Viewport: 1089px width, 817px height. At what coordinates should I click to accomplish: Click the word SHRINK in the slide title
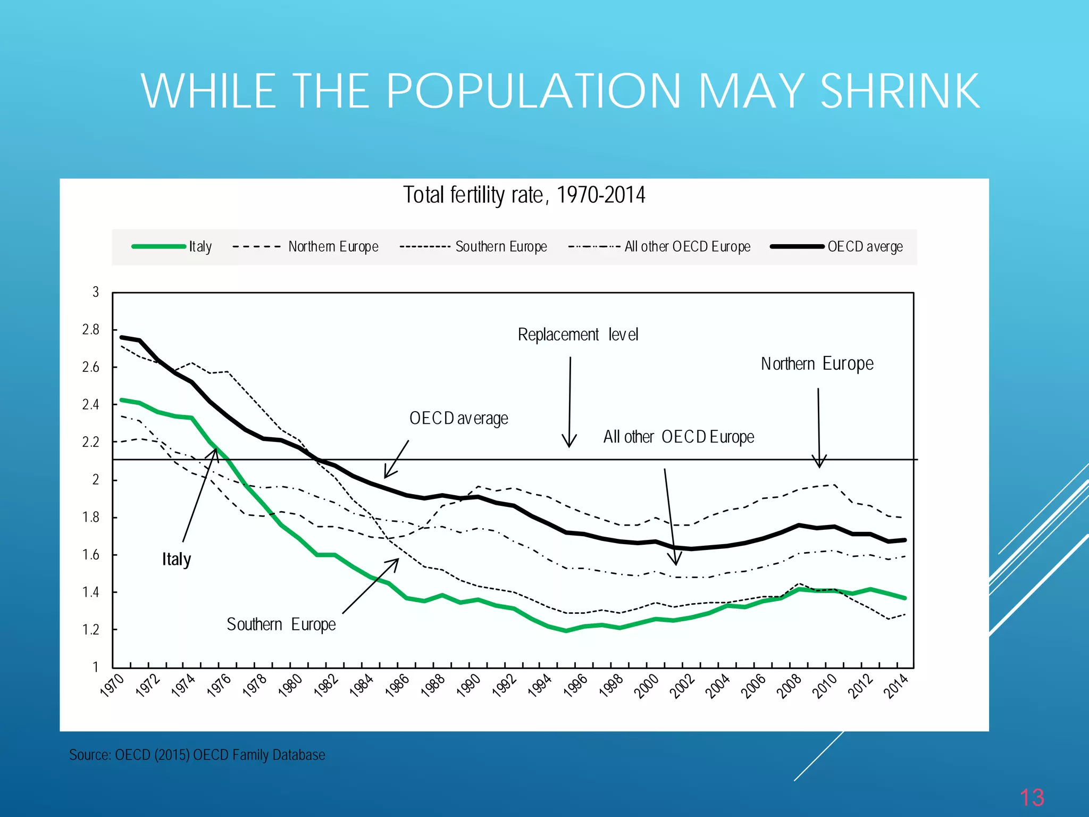[x=900, y=91]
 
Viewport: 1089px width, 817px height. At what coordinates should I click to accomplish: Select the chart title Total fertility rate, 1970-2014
[x=524, y=195]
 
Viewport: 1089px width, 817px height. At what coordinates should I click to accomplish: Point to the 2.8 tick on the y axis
[x=91, y=330]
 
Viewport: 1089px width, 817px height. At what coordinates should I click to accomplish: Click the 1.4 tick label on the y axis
[x=91, y=592]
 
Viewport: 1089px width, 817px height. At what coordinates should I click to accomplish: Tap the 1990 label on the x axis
[x=469, y=685]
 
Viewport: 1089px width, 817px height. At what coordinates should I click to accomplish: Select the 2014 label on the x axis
[x=897, y=685]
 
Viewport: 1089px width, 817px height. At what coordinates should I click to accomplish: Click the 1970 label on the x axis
[x=112, y=685]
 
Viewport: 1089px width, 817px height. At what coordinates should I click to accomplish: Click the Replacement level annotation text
[x=578, y=335]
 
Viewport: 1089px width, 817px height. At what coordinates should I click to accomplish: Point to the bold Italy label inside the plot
[x=177, y=560]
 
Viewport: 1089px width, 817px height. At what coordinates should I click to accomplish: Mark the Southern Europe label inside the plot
[x=281, y=624]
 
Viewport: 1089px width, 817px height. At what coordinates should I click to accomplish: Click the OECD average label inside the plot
[x=458, y=419]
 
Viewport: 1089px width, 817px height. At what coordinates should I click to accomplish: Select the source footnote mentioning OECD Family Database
[x=197, y=755]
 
